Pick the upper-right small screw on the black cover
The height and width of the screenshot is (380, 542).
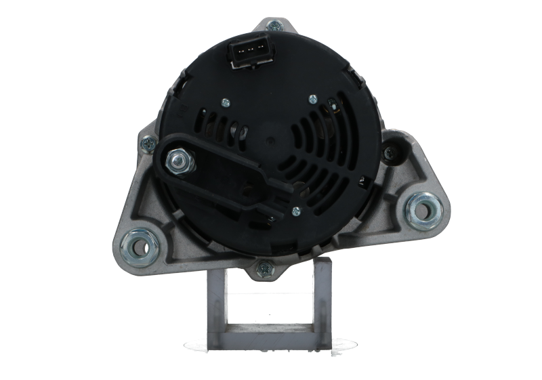[312, 99]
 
